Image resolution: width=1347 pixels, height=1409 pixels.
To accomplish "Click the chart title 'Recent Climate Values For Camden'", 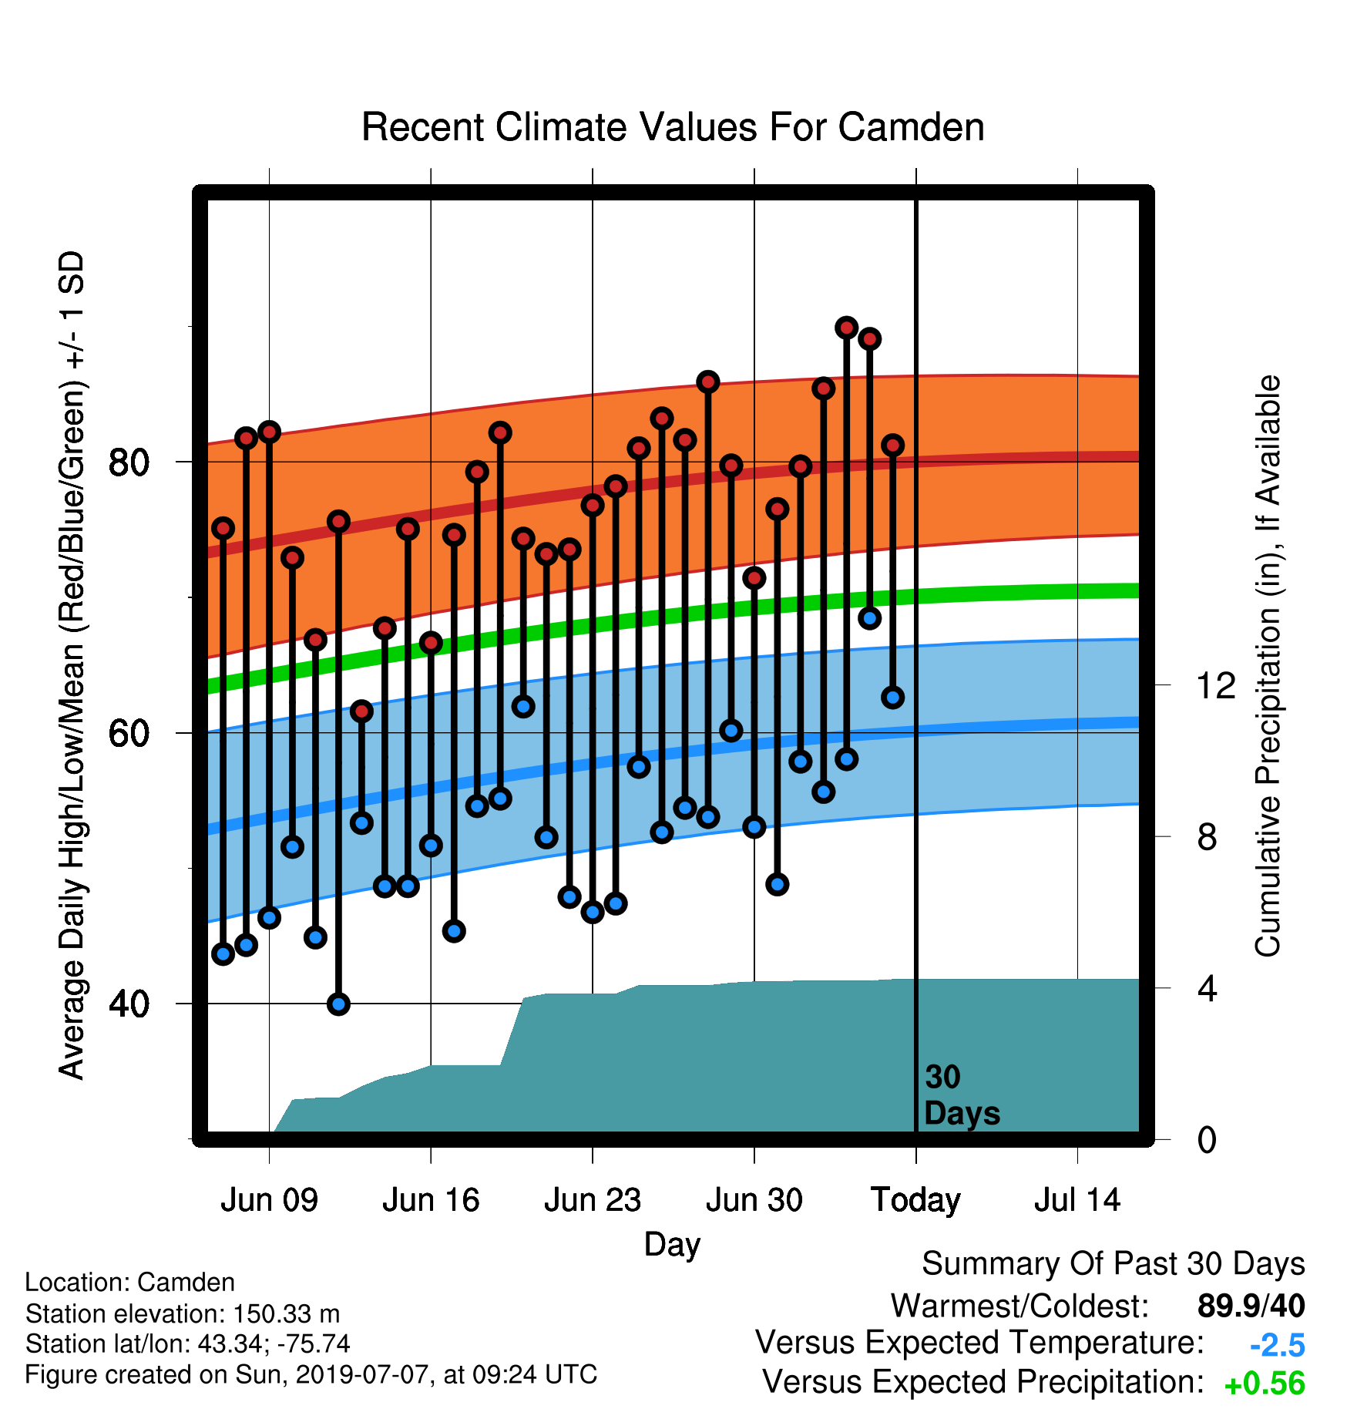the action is pyautogui.click(x=673, y=127).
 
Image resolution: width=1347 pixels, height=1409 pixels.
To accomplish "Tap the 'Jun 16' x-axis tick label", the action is pyautogui.click(x=431, y=1200).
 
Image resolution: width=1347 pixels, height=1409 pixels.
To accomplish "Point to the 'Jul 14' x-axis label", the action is pyautogui.click(x=1077, y=1200).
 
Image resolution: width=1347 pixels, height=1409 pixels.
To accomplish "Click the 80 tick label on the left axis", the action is pyautogui.click(x=129, y=462).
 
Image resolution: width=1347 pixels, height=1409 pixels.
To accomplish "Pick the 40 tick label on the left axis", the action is pyautogui.click(x=129, y=1004).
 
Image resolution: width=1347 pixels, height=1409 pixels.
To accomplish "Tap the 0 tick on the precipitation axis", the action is pyautogui.click(x=1208, y=1139).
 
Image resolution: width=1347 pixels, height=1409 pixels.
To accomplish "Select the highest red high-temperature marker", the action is pyautogui.click(x=847, y=328).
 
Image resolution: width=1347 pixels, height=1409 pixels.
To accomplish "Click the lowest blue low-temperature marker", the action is pyautogui.click(x=338, y=1004).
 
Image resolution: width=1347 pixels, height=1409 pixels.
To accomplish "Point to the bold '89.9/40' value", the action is pyautogui.click(x=1251, y=1306).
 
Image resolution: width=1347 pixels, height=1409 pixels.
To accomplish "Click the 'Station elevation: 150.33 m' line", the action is pyautogui.click(x=183, y=1313).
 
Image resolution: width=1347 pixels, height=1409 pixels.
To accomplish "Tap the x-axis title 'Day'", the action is pyautogui.click(x=673, y=1245).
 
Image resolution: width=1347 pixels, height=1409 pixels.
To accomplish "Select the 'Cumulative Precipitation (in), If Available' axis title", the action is pyautogui.click(x=1268, y=666).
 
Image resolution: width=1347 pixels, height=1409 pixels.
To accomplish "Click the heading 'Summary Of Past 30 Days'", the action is pyautogui.click(x=1114, y=1264).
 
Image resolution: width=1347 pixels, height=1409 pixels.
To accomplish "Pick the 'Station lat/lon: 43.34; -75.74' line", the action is pyautogui.click(x=188, y=1344).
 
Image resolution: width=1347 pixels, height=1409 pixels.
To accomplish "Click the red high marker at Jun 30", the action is pyautogui.click(x=754, y=577).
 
